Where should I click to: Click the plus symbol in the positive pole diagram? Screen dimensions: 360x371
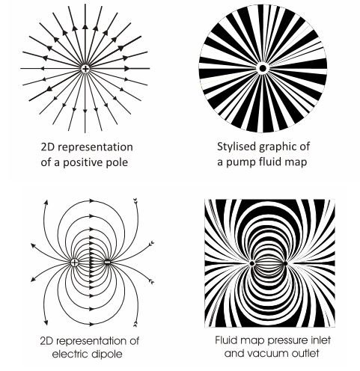(85, 69)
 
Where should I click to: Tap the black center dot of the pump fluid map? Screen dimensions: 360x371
(262, 68)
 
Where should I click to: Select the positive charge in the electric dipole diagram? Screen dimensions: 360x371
(74, 263)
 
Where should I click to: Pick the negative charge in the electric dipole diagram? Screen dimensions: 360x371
(107, 263)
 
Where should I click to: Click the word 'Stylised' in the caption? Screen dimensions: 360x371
(237, 147)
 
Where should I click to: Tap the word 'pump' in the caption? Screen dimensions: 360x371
(239, 163)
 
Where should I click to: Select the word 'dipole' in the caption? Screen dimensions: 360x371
(108, 354)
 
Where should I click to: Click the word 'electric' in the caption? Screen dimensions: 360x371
(71, 354)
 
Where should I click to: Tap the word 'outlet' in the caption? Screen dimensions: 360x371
(304, 353)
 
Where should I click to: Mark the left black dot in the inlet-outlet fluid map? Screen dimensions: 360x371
(252, 263)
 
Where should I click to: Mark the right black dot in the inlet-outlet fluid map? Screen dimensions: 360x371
(285, 263)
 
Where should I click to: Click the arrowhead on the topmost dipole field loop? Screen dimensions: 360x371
(92, 200)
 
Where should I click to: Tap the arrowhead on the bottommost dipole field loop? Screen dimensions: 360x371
(92, 325)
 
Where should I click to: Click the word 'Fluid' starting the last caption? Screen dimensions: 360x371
(226, 340)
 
